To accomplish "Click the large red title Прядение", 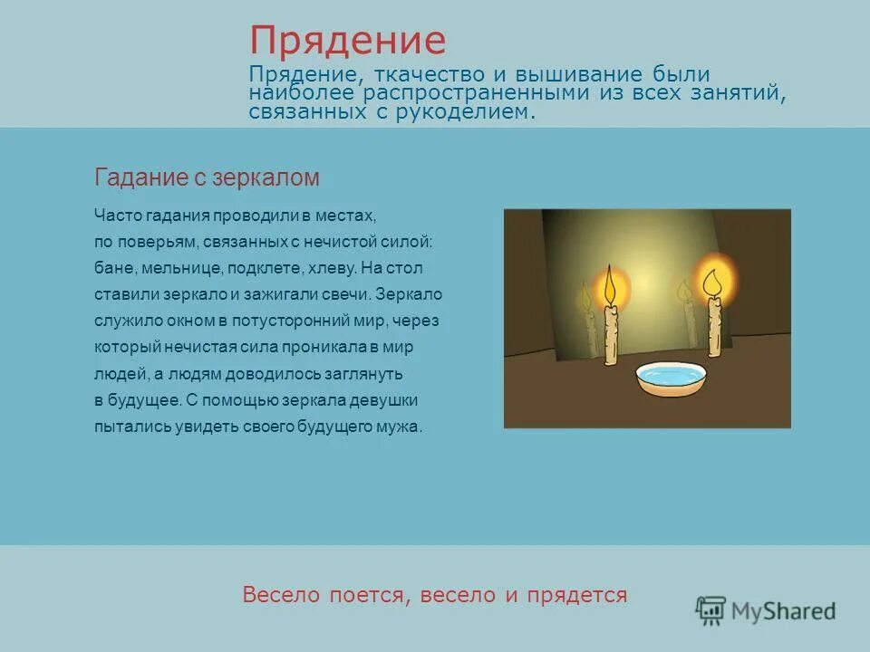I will pos(348,42).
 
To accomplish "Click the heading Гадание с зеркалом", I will pos(207,177).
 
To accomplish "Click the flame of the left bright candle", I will pos(610,285).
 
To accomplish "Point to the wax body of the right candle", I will pos(715,327).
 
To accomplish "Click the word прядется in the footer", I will pos(582,595).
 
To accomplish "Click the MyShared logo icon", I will pos(710,610).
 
